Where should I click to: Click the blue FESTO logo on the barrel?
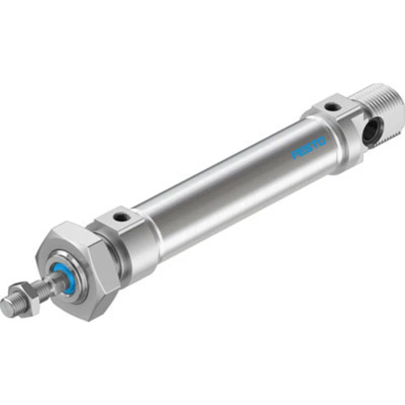point(309,148)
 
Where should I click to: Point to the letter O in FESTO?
point(322,141)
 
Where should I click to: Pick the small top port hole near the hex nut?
point(121,218)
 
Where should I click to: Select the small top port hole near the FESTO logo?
point(332,107)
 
